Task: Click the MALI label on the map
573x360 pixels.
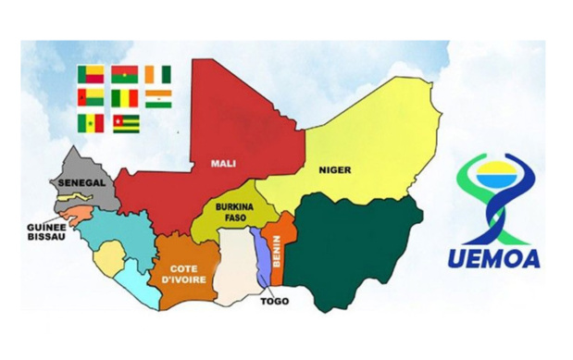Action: (x=222, y=164)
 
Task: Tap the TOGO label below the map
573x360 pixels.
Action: (x=273, y=302)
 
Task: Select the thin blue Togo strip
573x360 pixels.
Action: (x=263, y=259)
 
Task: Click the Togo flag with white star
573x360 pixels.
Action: (x=126, y=124)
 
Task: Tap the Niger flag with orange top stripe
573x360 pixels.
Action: (x=158, y=98)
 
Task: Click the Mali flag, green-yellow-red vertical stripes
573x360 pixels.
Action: (x=125, y=98)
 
